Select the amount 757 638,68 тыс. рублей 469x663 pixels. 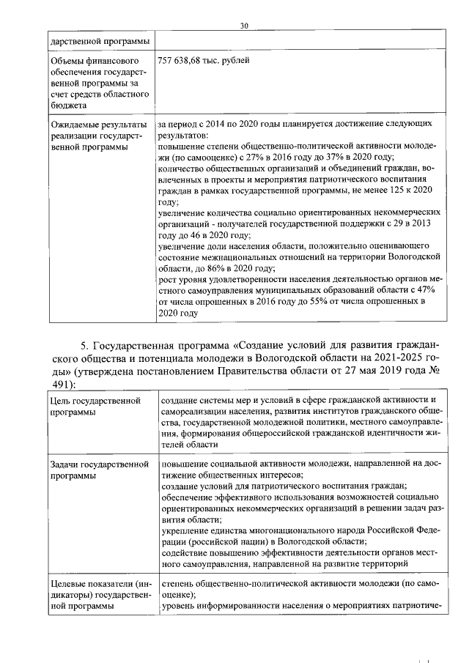tap(203, 60)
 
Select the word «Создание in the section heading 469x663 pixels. tap(260, 347)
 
